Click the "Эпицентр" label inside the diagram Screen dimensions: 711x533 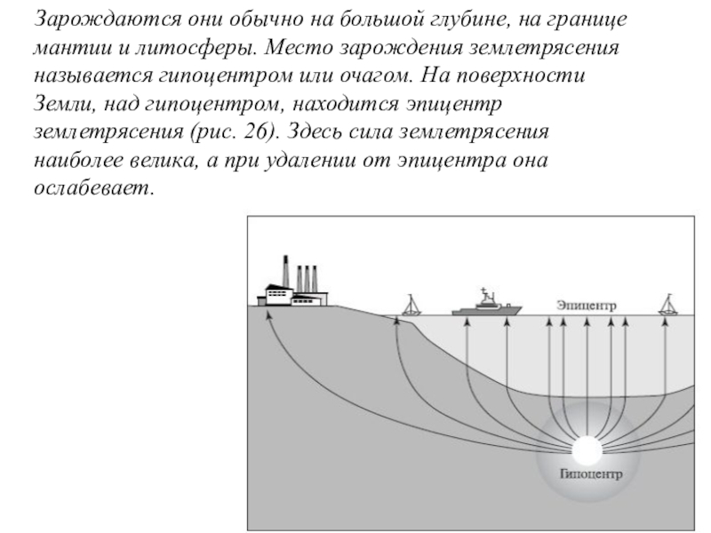tap(585, 304)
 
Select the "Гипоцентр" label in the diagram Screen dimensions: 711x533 tap(590, 473)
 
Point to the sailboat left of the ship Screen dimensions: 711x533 tap(411, 306)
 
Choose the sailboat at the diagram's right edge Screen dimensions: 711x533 tap(668, 306)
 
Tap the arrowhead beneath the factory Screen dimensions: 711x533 tap(268, 314)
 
